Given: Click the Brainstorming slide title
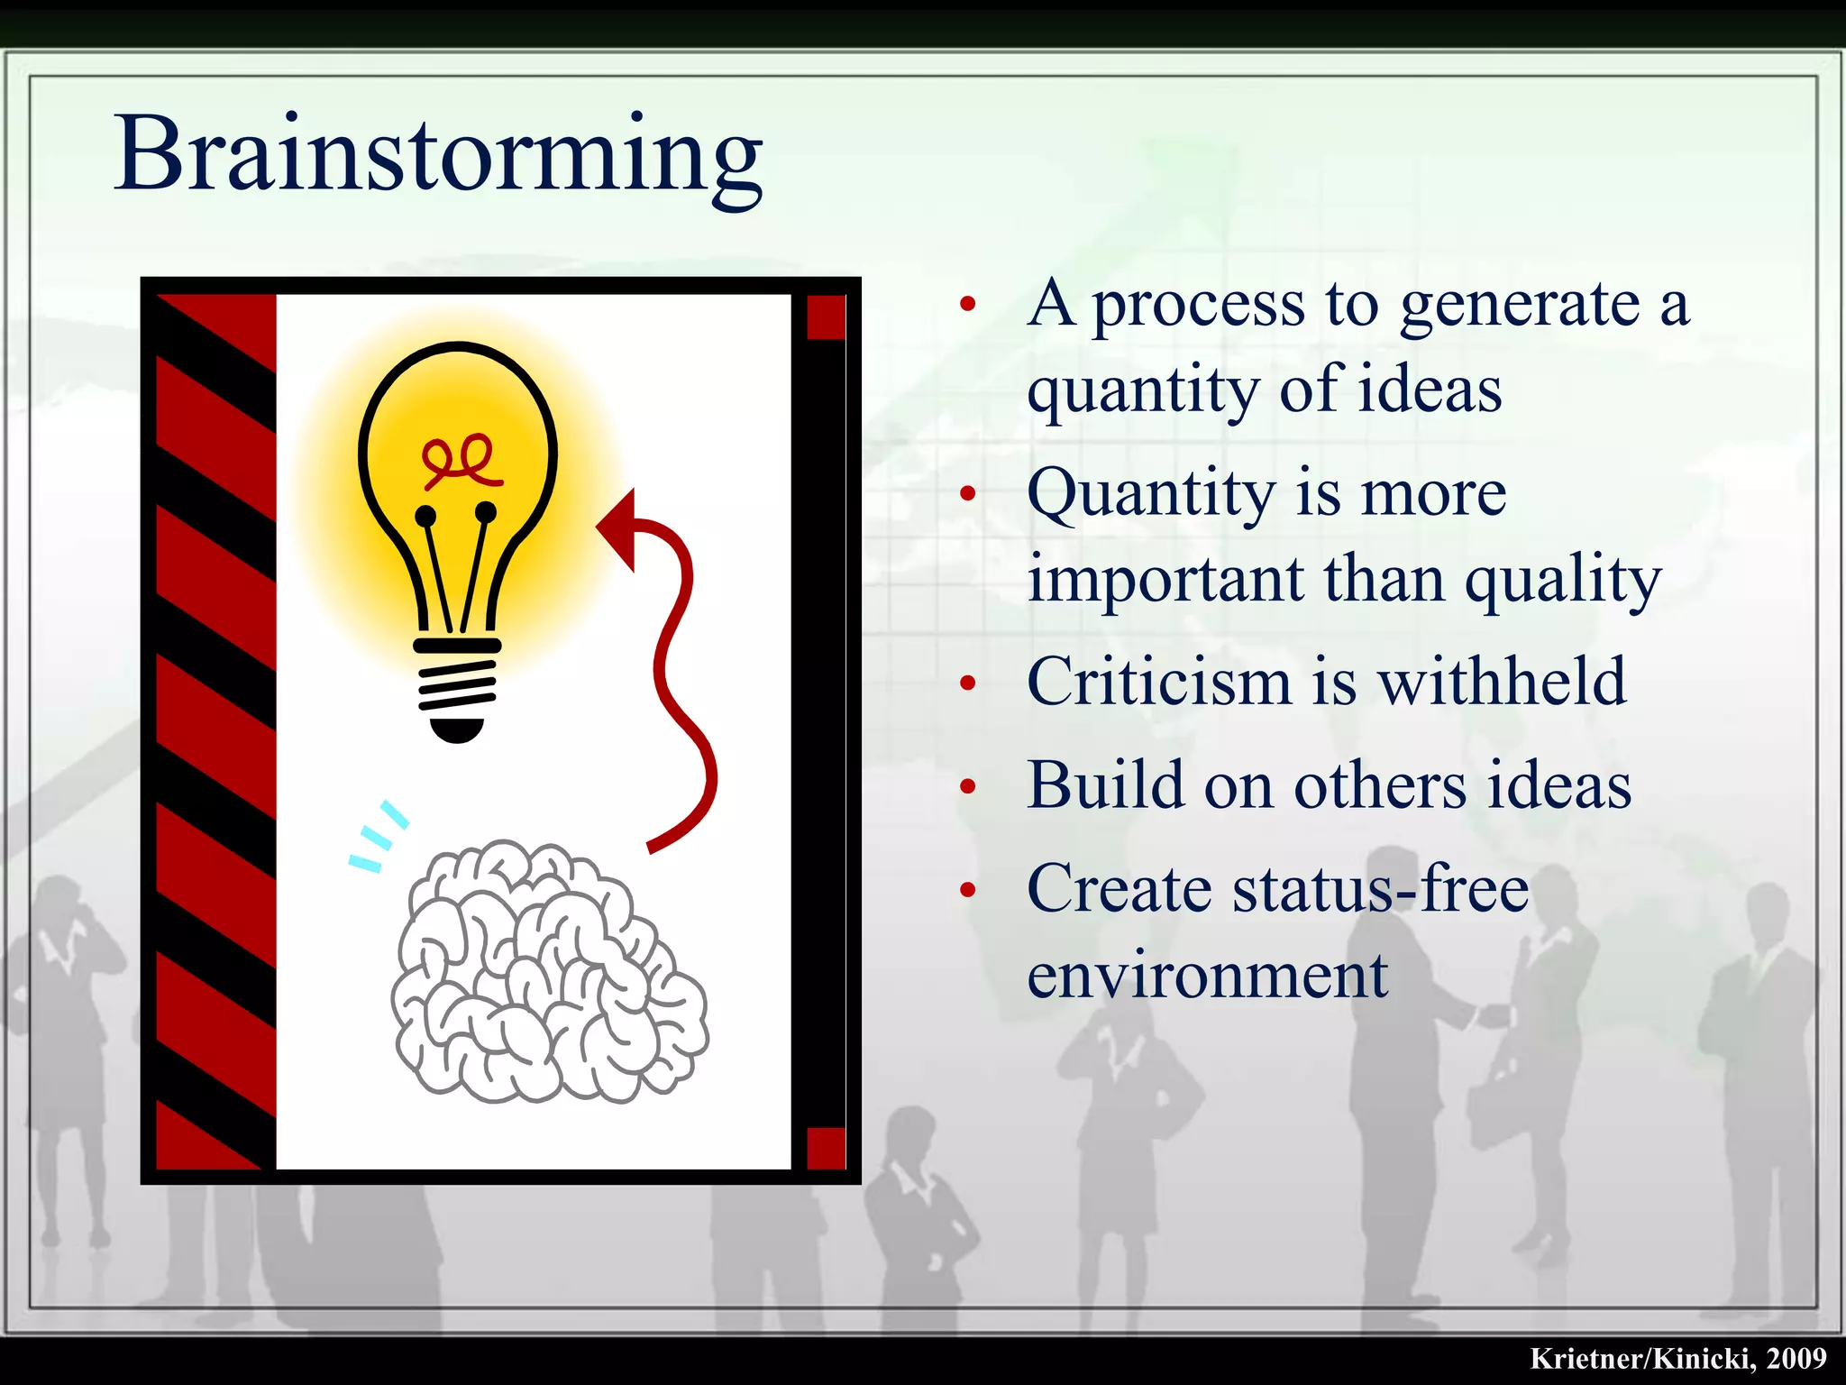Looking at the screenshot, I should [438, 155].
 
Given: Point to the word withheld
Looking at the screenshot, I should [1503, 682].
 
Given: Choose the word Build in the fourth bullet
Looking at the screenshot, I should [1105, 785].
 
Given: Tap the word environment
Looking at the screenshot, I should [1208, 977].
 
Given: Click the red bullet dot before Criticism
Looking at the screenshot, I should [968, 683].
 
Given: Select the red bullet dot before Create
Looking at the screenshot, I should [968, 891].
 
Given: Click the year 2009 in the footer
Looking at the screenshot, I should [1796, 1359].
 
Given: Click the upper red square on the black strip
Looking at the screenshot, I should [826, 317].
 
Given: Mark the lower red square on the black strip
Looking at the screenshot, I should [826, 1148].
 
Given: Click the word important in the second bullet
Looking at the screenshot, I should [1165, 581].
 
